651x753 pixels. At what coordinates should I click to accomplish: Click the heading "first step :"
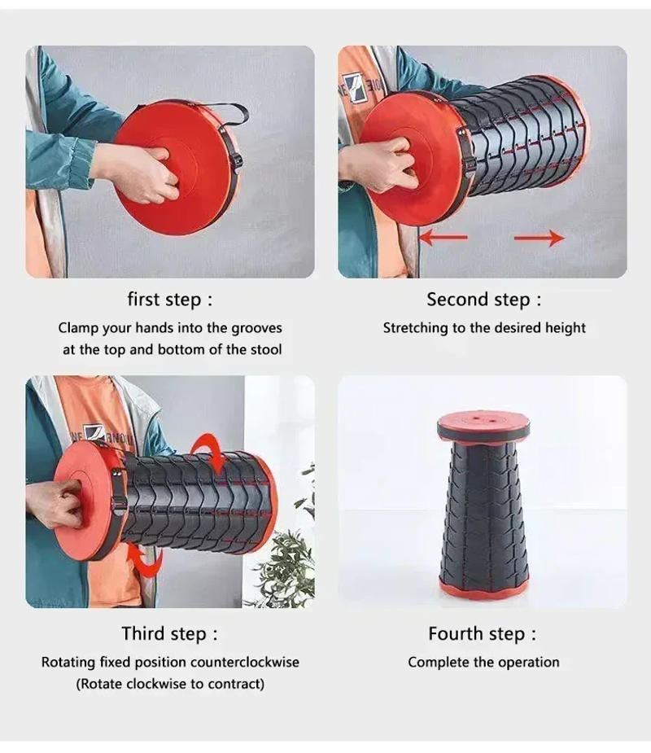[x=170, y=300]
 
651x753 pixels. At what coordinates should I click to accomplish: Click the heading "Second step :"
[x=483, y=300]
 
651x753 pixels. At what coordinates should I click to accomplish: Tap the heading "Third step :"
[x=170, y=633]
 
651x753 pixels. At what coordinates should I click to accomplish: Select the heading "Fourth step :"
[x=483, y=633]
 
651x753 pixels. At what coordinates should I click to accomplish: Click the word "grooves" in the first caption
[x=255, y=328]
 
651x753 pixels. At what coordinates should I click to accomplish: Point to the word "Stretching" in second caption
[x=415, y=328]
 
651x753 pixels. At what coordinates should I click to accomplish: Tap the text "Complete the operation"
[x=483, y=662]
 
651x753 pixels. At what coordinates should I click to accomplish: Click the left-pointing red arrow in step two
[x=443, y=238]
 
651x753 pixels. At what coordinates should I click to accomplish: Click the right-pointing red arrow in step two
[x=540, y=238]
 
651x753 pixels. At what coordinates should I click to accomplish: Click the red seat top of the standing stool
[x=483, y=425]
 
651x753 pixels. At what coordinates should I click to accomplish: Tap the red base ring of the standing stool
[x=483, y=588]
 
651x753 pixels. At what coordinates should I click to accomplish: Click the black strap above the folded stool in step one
[x=220, y=110]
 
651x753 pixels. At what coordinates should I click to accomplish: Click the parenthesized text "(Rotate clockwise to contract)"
[x=170, y=684]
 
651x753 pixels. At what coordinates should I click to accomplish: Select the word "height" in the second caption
[x=566, y=328]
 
